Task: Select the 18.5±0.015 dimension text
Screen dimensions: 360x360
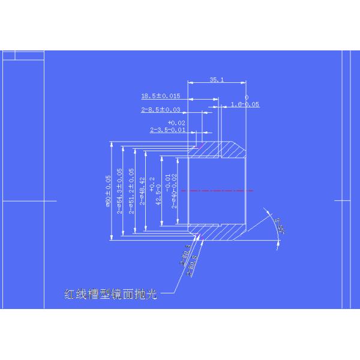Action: point(160,95)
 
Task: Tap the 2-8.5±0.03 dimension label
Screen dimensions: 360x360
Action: point(161,110)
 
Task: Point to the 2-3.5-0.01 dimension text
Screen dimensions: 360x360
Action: point(168,130)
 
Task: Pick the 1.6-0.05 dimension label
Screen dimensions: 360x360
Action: point(245,104)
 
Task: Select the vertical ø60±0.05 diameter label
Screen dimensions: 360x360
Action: point(109,191)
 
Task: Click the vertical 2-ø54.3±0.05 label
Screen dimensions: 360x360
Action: point(120,191)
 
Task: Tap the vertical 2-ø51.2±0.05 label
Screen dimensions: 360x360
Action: point(131,191)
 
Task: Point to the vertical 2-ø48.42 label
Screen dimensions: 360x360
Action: point(142,191)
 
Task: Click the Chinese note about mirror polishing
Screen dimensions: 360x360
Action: point(111,295)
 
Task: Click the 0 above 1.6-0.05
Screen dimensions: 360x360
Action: point(246,97)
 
